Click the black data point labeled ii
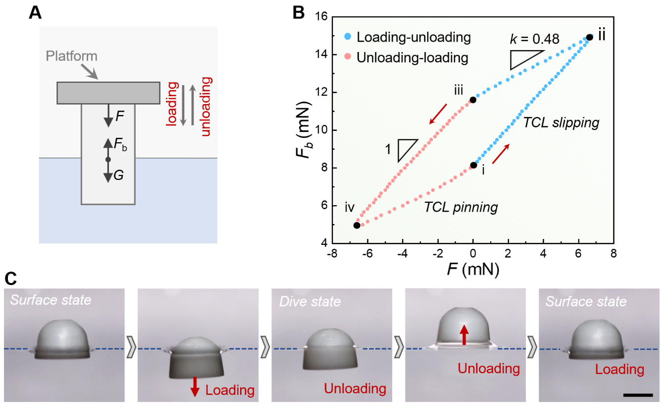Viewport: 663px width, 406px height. (590, 37)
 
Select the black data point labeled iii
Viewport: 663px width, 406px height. (473, 100)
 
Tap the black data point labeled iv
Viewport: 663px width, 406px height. (357, 226)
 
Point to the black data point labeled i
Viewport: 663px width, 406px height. (473, 165)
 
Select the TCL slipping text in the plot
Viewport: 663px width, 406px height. (561, 123)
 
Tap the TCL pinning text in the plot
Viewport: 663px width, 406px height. (460, 208)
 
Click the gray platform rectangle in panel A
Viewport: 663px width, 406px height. (108, 93)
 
